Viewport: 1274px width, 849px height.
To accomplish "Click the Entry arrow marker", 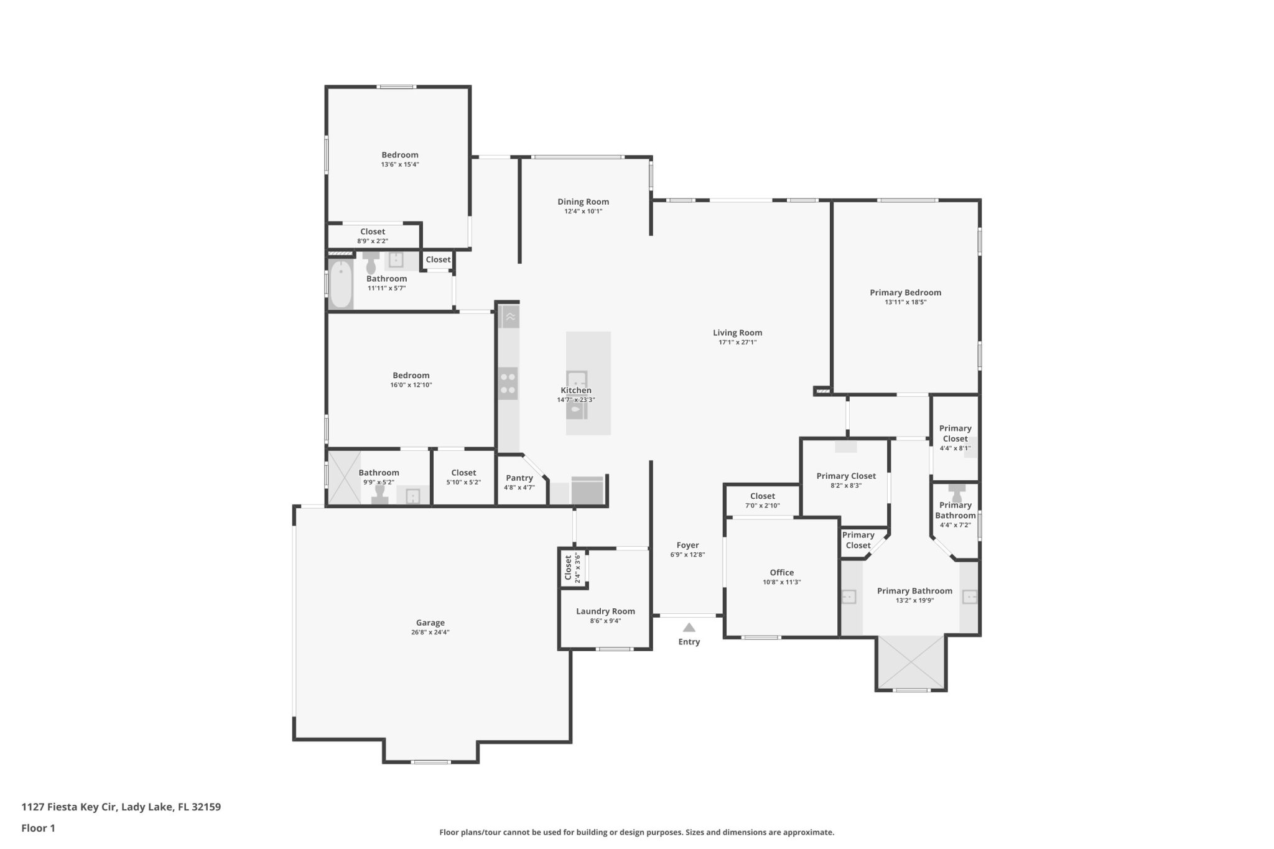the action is (689, 627).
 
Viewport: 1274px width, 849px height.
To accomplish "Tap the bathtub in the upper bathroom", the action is (341, 284).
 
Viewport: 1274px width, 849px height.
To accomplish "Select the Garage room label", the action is (430, 623).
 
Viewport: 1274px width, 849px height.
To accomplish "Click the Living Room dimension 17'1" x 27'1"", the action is (738, 342).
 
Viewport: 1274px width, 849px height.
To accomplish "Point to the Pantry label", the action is (519, 478).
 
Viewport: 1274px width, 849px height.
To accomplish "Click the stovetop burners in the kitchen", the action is (508, 383).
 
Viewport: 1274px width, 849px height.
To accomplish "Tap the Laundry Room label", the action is (605, 611).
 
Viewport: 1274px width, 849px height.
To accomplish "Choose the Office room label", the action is (782, 572).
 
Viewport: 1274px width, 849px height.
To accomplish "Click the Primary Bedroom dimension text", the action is (906, 302).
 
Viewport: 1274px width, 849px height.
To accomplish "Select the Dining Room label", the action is (583, 202).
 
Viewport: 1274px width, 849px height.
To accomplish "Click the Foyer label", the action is (688, 545).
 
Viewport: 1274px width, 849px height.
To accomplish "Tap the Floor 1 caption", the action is (38, 828).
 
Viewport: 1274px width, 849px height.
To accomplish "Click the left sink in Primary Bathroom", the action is (849, 597).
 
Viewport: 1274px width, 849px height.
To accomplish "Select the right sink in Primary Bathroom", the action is (970, 597).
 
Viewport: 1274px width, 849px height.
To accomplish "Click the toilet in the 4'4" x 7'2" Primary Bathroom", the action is (957, 492).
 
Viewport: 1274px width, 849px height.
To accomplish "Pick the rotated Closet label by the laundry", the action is (568, 568).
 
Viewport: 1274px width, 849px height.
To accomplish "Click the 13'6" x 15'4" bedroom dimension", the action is (400, 165).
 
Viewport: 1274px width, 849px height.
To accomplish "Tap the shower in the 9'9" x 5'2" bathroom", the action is (344, 477).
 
